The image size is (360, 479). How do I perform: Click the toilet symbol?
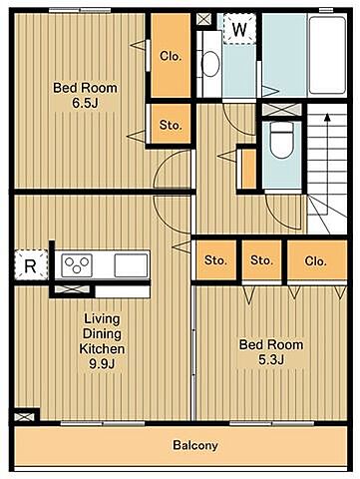pos(281,141)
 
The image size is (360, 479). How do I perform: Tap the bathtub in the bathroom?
pos(328,55)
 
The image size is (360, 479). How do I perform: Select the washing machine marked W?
pos(239,29)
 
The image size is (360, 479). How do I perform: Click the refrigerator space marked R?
pos(31,265)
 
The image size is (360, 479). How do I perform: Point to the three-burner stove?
pos(77,265)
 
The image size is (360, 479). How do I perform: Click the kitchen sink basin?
pos(131,265)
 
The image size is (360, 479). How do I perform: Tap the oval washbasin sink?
pos(210,64)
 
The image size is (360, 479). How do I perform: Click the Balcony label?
pos(195,445)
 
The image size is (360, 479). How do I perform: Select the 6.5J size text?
pos(85,103)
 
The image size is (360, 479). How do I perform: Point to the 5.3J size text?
pos(271,359)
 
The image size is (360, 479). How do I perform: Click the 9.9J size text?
pos(102,364)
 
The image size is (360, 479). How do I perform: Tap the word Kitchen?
pos(102,349)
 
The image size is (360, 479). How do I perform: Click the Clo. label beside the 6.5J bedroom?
pos(171,56)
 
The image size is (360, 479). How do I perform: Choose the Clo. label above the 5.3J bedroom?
pos(315,260)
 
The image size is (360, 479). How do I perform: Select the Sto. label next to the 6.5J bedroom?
pos(171,125)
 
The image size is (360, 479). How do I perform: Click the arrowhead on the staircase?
pos(327,117)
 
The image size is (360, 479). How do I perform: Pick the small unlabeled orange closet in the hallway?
pos(248,169)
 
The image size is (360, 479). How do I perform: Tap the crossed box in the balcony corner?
pos(24,417)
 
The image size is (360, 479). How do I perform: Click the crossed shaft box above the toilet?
pos(281,110)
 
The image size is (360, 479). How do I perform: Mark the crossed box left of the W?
pos(203,19)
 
